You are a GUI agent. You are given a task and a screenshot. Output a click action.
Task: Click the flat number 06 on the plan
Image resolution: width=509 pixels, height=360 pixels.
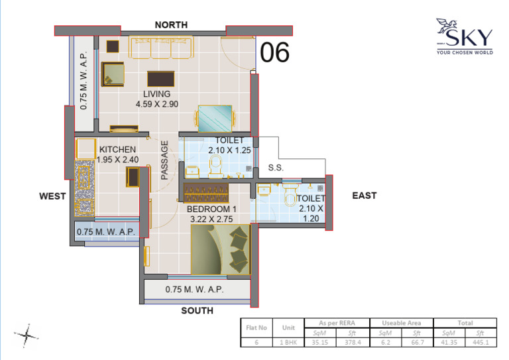coord(274,52)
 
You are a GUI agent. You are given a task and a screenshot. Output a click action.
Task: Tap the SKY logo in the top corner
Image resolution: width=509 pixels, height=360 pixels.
coord(464,36)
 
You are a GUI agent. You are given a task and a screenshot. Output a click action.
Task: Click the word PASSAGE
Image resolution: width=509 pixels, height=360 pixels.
coord(165,160)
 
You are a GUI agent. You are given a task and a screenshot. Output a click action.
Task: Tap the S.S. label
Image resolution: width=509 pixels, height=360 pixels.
coord(276,168)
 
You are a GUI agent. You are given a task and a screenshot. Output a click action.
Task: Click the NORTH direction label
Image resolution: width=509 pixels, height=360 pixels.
coord(172,25)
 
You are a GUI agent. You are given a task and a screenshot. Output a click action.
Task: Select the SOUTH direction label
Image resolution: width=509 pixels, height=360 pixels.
coord(198,310)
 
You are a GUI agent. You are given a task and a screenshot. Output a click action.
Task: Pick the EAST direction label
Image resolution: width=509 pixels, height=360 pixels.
coord(364,195)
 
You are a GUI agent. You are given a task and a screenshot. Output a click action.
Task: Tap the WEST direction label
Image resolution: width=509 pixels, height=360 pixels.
coord(52,196)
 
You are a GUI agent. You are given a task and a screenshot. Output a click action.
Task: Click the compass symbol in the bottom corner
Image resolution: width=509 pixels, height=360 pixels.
coord(27,335)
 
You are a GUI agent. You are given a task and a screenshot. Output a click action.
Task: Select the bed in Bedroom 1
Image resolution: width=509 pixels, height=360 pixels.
coord(220,249)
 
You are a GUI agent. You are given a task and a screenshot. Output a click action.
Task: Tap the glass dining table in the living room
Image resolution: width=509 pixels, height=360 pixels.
coord(215,119)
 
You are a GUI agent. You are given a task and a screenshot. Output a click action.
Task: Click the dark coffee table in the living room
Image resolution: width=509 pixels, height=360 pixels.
coord(160,79)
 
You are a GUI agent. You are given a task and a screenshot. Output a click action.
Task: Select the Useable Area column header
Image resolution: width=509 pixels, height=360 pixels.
coord(400,323)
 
